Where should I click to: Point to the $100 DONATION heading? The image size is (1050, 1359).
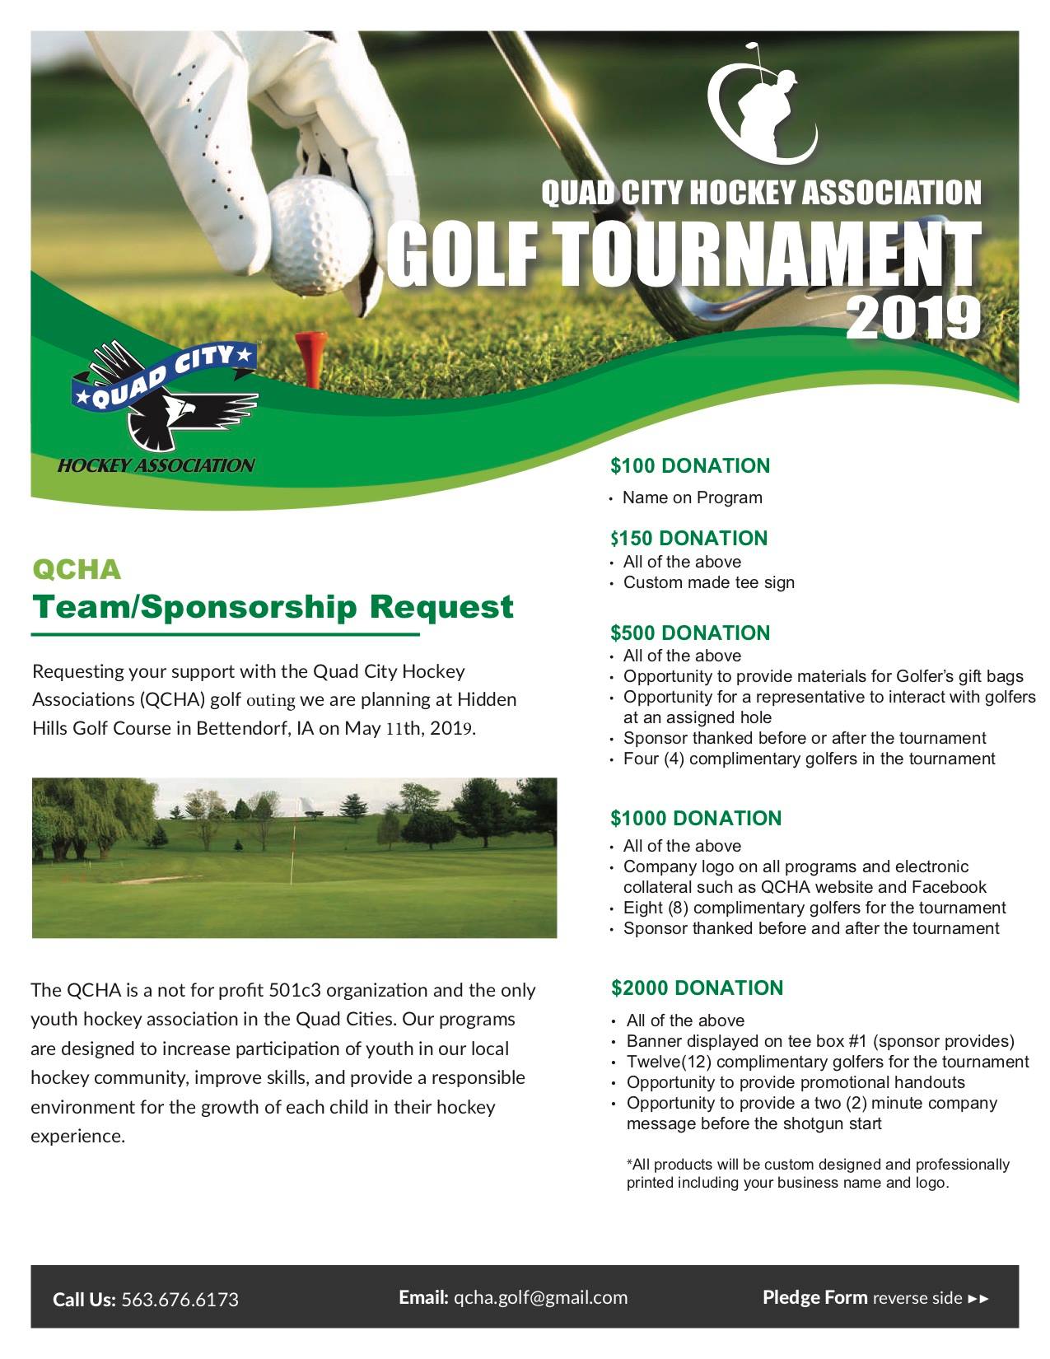tap(690, 466)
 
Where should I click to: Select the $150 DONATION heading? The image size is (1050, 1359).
tap(688, 539)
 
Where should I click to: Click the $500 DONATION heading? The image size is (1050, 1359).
tap(690, 633)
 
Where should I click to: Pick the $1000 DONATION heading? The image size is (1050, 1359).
tap(696, 819)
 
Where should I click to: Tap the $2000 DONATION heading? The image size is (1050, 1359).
tap(698, 988)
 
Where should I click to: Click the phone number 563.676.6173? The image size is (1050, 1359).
tap(180, 1300)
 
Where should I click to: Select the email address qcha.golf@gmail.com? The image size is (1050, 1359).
tap(540, 1298)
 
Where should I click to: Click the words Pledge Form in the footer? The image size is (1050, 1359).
tap(814, 1298)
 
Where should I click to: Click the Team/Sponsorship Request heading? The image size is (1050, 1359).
tap(272, 607)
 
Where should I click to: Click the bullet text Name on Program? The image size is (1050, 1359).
tap(692, 497)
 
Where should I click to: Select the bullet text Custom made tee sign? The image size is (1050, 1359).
tap(708, 583)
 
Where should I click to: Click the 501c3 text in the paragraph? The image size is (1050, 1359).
tap(295, 990)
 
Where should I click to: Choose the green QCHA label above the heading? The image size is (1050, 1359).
tap(76, 569)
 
